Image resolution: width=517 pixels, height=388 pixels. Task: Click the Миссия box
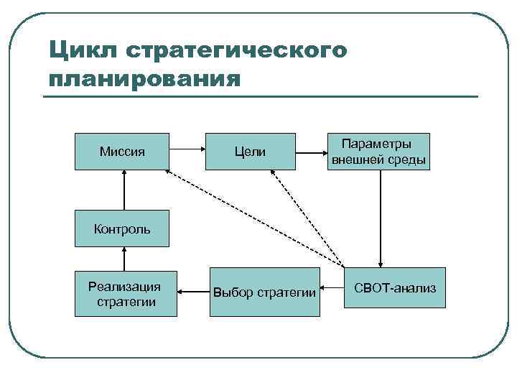pos(122,152)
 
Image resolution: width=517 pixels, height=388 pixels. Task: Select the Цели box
pos(250,152)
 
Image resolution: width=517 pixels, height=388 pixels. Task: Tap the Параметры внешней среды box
pos(379,152)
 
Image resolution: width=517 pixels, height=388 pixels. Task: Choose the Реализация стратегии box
pos(126,292)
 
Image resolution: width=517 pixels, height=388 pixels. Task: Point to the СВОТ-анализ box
pos(394,287)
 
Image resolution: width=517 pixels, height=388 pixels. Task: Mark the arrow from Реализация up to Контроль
pos(124,258)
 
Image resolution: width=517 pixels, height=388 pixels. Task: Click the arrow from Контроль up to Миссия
pos(124,190)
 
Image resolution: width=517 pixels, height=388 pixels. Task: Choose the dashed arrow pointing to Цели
pos(307,216)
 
